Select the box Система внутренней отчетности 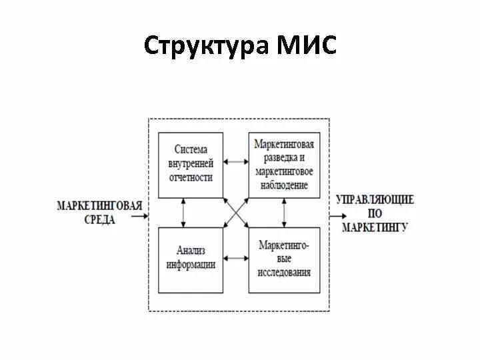(191, 163)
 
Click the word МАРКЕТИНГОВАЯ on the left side (100, 205)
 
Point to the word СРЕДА (100, 219)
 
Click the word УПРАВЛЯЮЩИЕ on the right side (375, 200)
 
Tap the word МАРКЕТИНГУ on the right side (375, 227)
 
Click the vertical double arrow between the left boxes (183, 213)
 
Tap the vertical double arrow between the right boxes (285, 213)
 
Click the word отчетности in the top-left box (191, 177)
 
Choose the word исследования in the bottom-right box (284, 272)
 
